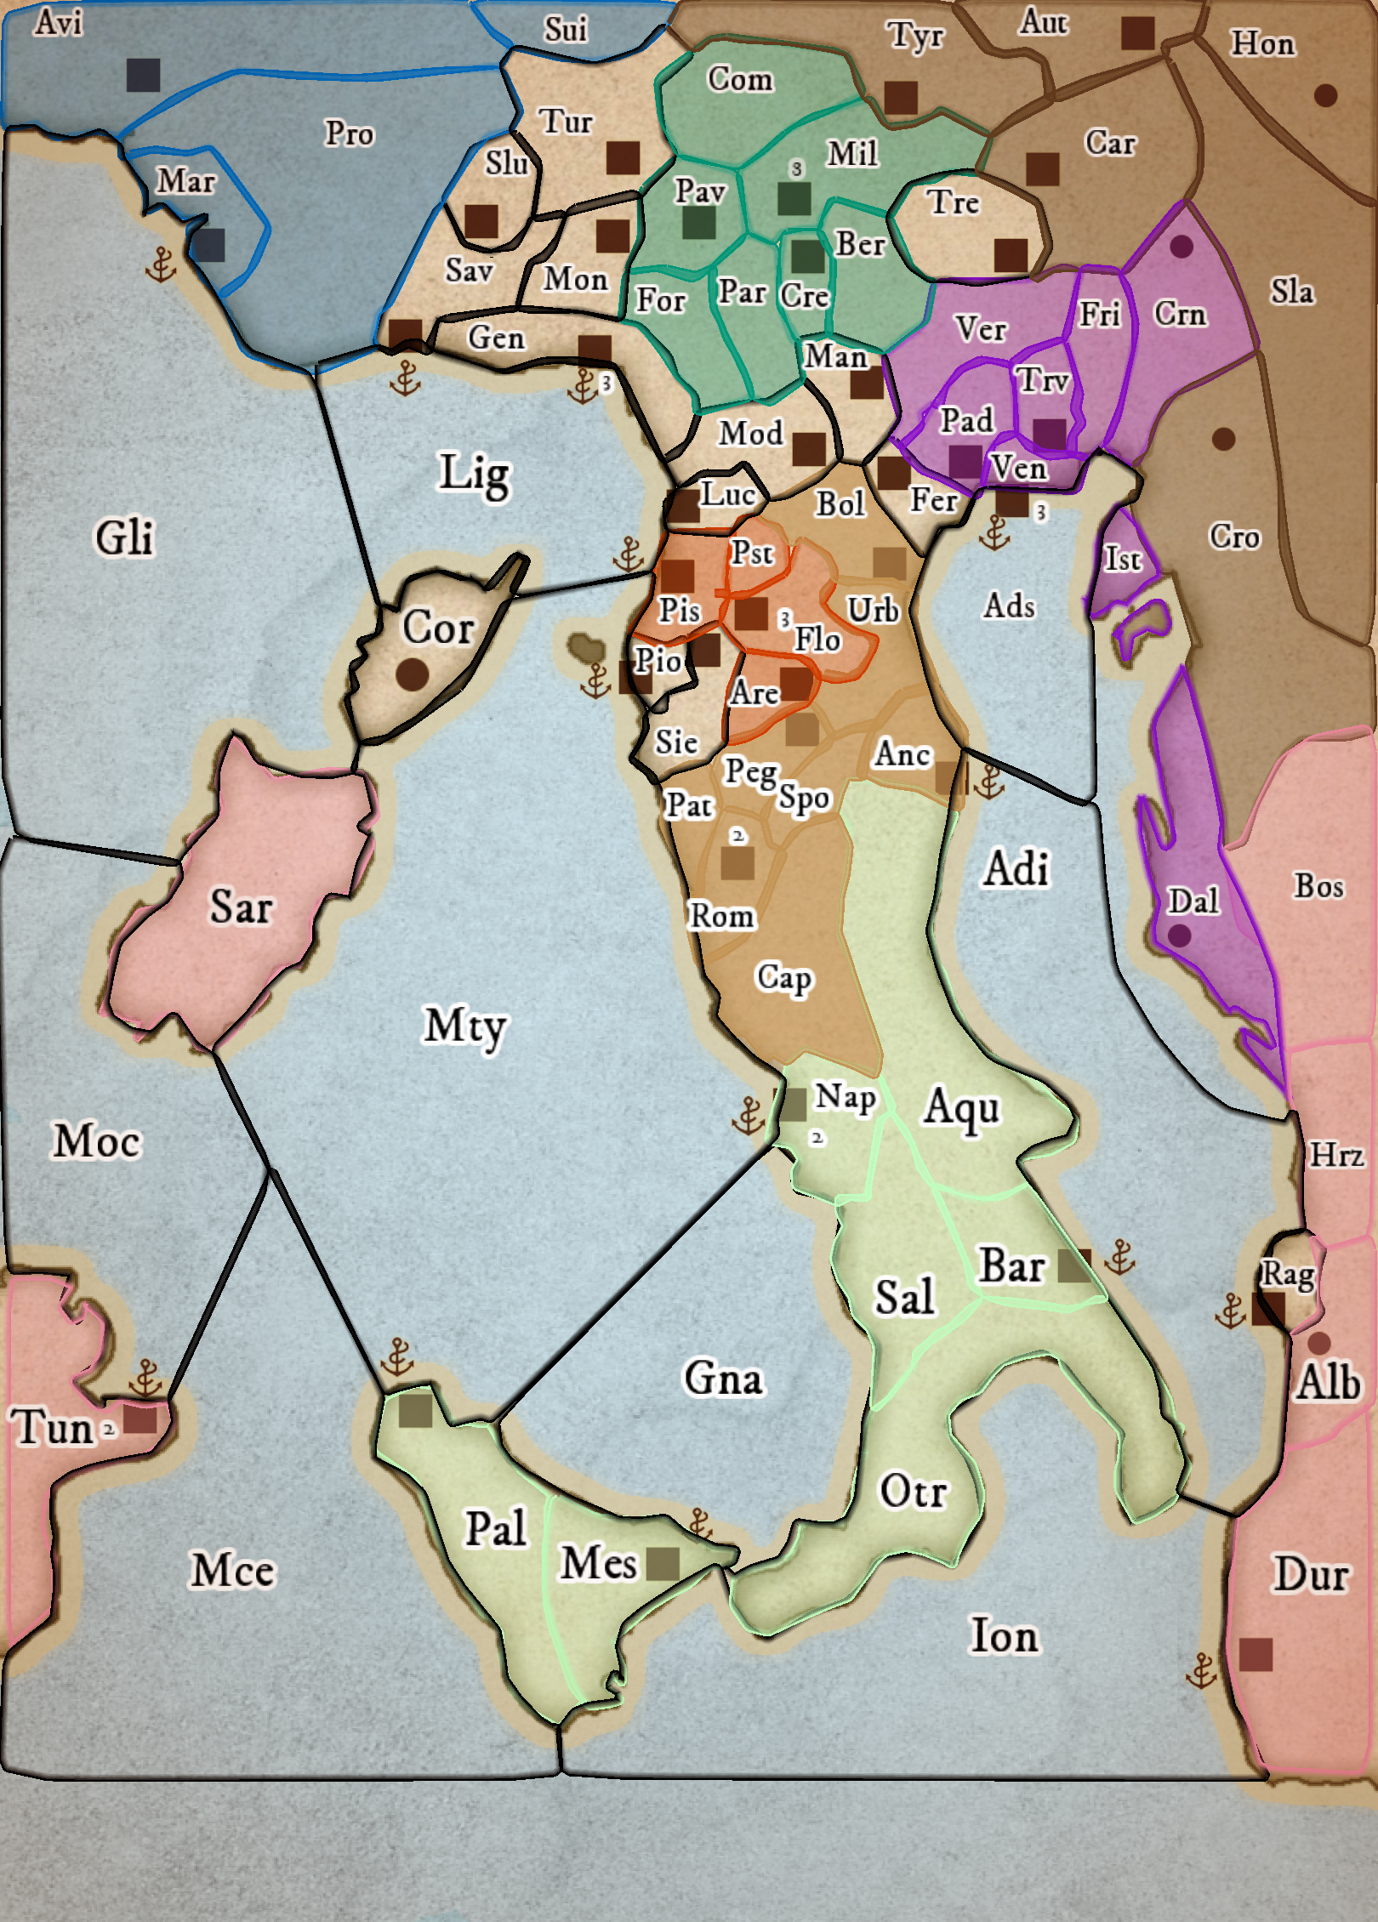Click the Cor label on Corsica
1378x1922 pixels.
click(438, 628)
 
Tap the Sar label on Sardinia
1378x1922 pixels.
click(241, 907)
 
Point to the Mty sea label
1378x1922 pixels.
click(464, 1025)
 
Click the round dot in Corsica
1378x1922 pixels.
click(413, 674)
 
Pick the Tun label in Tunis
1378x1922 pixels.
click(50, 1427)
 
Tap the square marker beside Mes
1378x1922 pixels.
click(663, 1563)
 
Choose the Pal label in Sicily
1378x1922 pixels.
click(496, 1529)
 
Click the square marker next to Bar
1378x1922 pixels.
click(1074, 1266)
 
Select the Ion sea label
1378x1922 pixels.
click(1005, 1635)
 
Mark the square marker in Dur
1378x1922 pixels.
click(1256, 1655)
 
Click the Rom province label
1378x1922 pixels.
click(721, 917)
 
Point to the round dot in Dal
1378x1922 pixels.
click(1179, 935)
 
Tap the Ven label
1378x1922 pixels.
click(1018, 469)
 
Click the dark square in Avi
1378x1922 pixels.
click(143, 75)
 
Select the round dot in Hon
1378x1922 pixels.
click(1325, 95)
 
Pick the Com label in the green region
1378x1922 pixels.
click(740, 79)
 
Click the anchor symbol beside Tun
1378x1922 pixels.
click(145, 1379)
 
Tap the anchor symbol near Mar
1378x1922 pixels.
click(160, 265)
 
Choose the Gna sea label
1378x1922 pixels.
click(723, 1378)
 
